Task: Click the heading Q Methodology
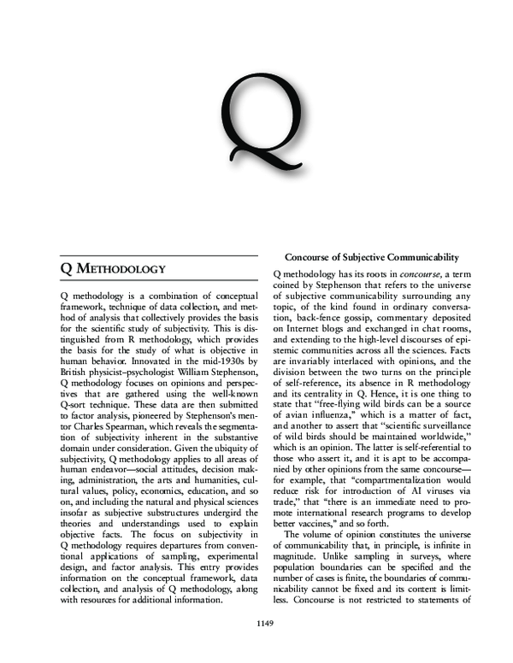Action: coord(113,268)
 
